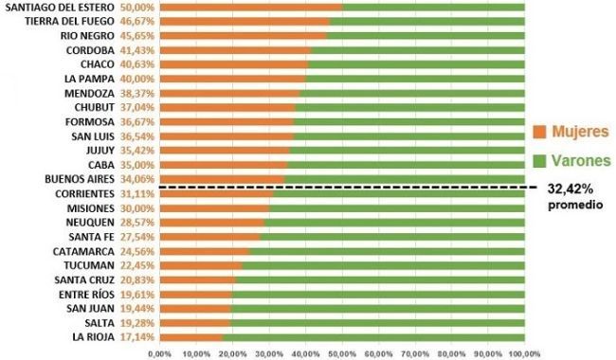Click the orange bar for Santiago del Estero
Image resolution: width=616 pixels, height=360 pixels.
coord(251,7)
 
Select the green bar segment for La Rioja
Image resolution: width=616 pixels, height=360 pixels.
coord(373,337)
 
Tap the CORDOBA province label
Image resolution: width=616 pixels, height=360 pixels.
coord(90,50)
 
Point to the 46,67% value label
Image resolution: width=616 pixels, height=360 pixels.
coord(137,21)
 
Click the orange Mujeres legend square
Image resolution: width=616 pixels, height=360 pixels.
coord(539,132)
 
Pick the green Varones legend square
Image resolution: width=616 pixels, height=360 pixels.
coord(539,160)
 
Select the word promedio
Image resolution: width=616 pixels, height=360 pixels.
coord(575,205)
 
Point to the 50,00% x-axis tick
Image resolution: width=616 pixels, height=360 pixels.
coord(342,354)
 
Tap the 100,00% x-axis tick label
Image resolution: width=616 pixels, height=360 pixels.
coord(525,354)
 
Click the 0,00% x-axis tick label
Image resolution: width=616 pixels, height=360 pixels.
coord(160,354)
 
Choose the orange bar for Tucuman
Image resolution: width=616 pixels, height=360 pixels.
coord(201,266)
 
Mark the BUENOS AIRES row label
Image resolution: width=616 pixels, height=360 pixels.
coord(80,179)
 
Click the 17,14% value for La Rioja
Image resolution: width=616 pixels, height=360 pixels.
coord(137,337)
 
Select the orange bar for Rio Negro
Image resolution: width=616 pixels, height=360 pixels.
coord(244,36)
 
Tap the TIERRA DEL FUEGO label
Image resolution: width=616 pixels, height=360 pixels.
coord(69,21)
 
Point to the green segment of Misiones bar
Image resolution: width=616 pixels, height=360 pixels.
coord(397,208)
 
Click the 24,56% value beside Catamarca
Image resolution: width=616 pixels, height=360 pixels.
coord(137,251)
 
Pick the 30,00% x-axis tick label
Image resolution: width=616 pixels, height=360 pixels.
coord(269,354)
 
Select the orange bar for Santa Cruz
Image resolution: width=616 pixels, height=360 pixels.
coord(198,279)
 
